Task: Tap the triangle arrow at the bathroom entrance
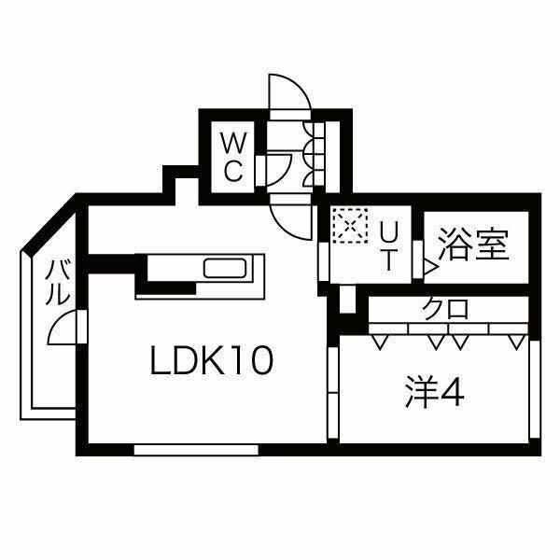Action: click(428, 268)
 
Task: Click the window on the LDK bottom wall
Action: click(195, 450)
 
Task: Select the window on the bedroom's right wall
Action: click(535, 386)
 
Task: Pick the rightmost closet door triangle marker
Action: click(516, 343)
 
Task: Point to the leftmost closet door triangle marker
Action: click(378, 343)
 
